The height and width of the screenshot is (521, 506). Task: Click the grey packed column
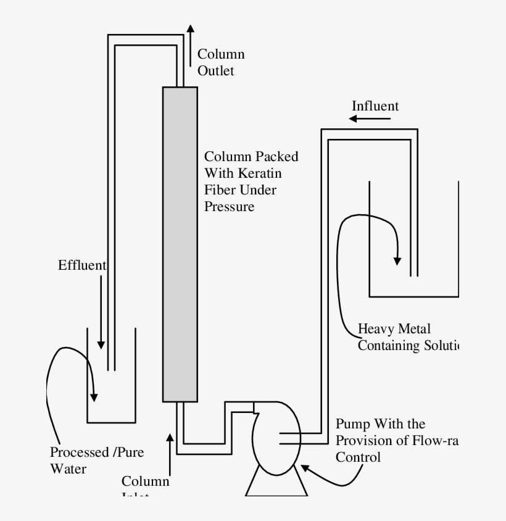click(x=180, y=244)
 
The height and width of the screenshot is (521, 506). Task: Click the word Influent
click(x=375, y=106)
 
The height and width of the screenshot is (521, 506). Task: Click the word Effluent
click(x=82, y=265)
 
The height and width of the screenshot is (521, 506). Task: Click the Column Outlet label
click(x=220, y=62)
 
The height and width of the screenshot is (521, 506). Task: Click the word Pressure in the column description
click(x=229, y=206)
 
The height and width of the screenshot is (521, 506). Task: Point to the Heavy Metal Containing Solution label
click(x=407, y=337)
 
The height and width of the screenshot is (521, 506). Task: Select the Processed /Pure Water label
click(x=97, y=460)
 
